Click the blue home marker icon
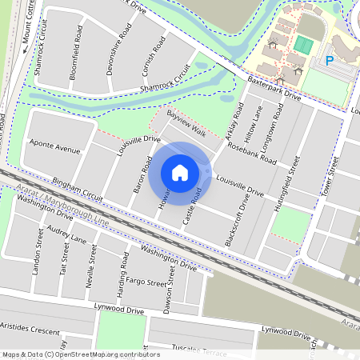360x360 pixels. [x=180, y=172]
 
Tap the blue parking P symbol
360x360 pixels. [x=328, y=60]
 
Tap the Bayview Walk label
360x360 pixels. [x=186, y=124]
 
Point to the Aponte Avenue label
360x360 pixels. [x=54, y=149]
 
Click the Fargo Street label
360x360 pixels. [x=146, y=282]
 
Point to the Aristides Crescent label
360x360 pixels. [x=30, y=330]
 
